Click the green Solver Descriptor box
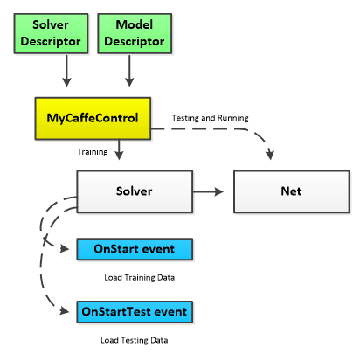[51, 33]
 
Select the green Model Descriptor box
[135, 33]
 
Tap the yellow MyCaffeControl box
[93, 118]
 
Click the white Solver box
[135, 191]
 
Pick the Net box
[292, 191]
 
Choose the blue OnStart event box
[135, 249]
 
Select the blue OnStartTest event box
[135, 312]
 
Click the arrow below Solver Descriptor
[66, 71]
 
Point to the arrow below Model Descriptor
[129, 71]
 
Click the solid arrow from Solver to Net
[208, 191]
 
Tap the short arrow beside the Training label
[119, 149]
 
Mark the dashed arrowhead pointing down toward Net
[270, 155]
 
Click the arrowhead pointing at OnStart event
[65, 249]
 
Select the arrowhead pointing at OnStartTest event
[65, 311]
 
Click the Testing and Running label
[210, 118]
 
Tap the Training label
[93, 152]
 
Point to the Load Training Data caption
[140, 277]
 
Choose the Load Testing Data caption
[135, 340]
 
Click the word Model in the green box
[135, 24]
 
